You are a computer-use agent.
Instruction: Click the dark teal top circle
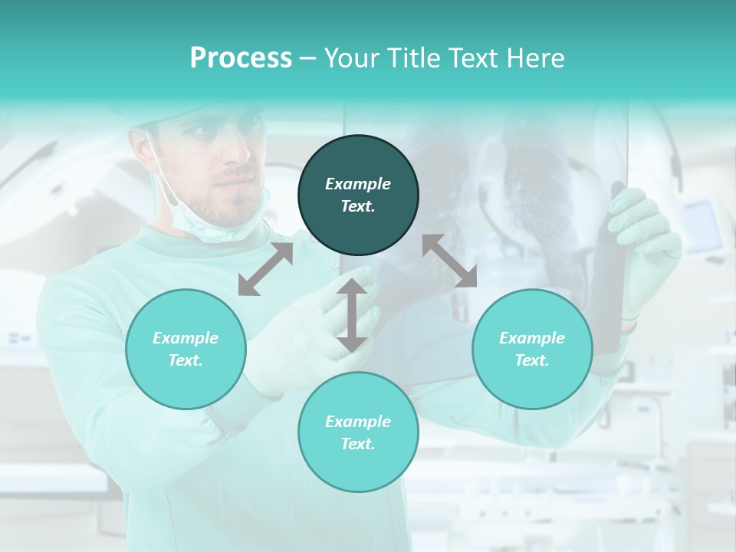coord(358,195)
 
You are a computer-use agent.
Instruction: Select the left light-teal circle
coord(186,349)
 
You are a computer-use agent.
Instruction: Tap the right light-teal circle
coord(532,349)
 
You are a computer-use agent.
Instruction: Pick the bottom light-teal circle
coord(358,432)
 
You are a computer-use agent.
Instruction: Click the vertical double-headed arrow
coord(351,315)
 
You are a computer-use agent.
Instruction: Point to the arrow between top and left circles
coord(265,269)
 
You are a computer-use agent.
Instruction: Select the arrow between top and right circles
coord(449,261)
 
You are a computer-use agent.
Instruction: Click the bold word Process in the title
coord(241,58)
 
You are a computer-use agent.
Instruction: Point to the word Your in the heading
coord(350,58)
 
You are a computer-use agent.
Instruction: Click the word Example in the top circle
coord(358,184)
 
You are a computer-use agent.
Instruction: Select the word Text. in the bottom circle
coord(358,444)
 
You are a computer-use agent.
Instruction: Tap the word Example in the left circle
coord(186,338)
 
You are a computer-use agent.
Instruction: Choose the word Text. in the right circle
coord(532,360)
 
